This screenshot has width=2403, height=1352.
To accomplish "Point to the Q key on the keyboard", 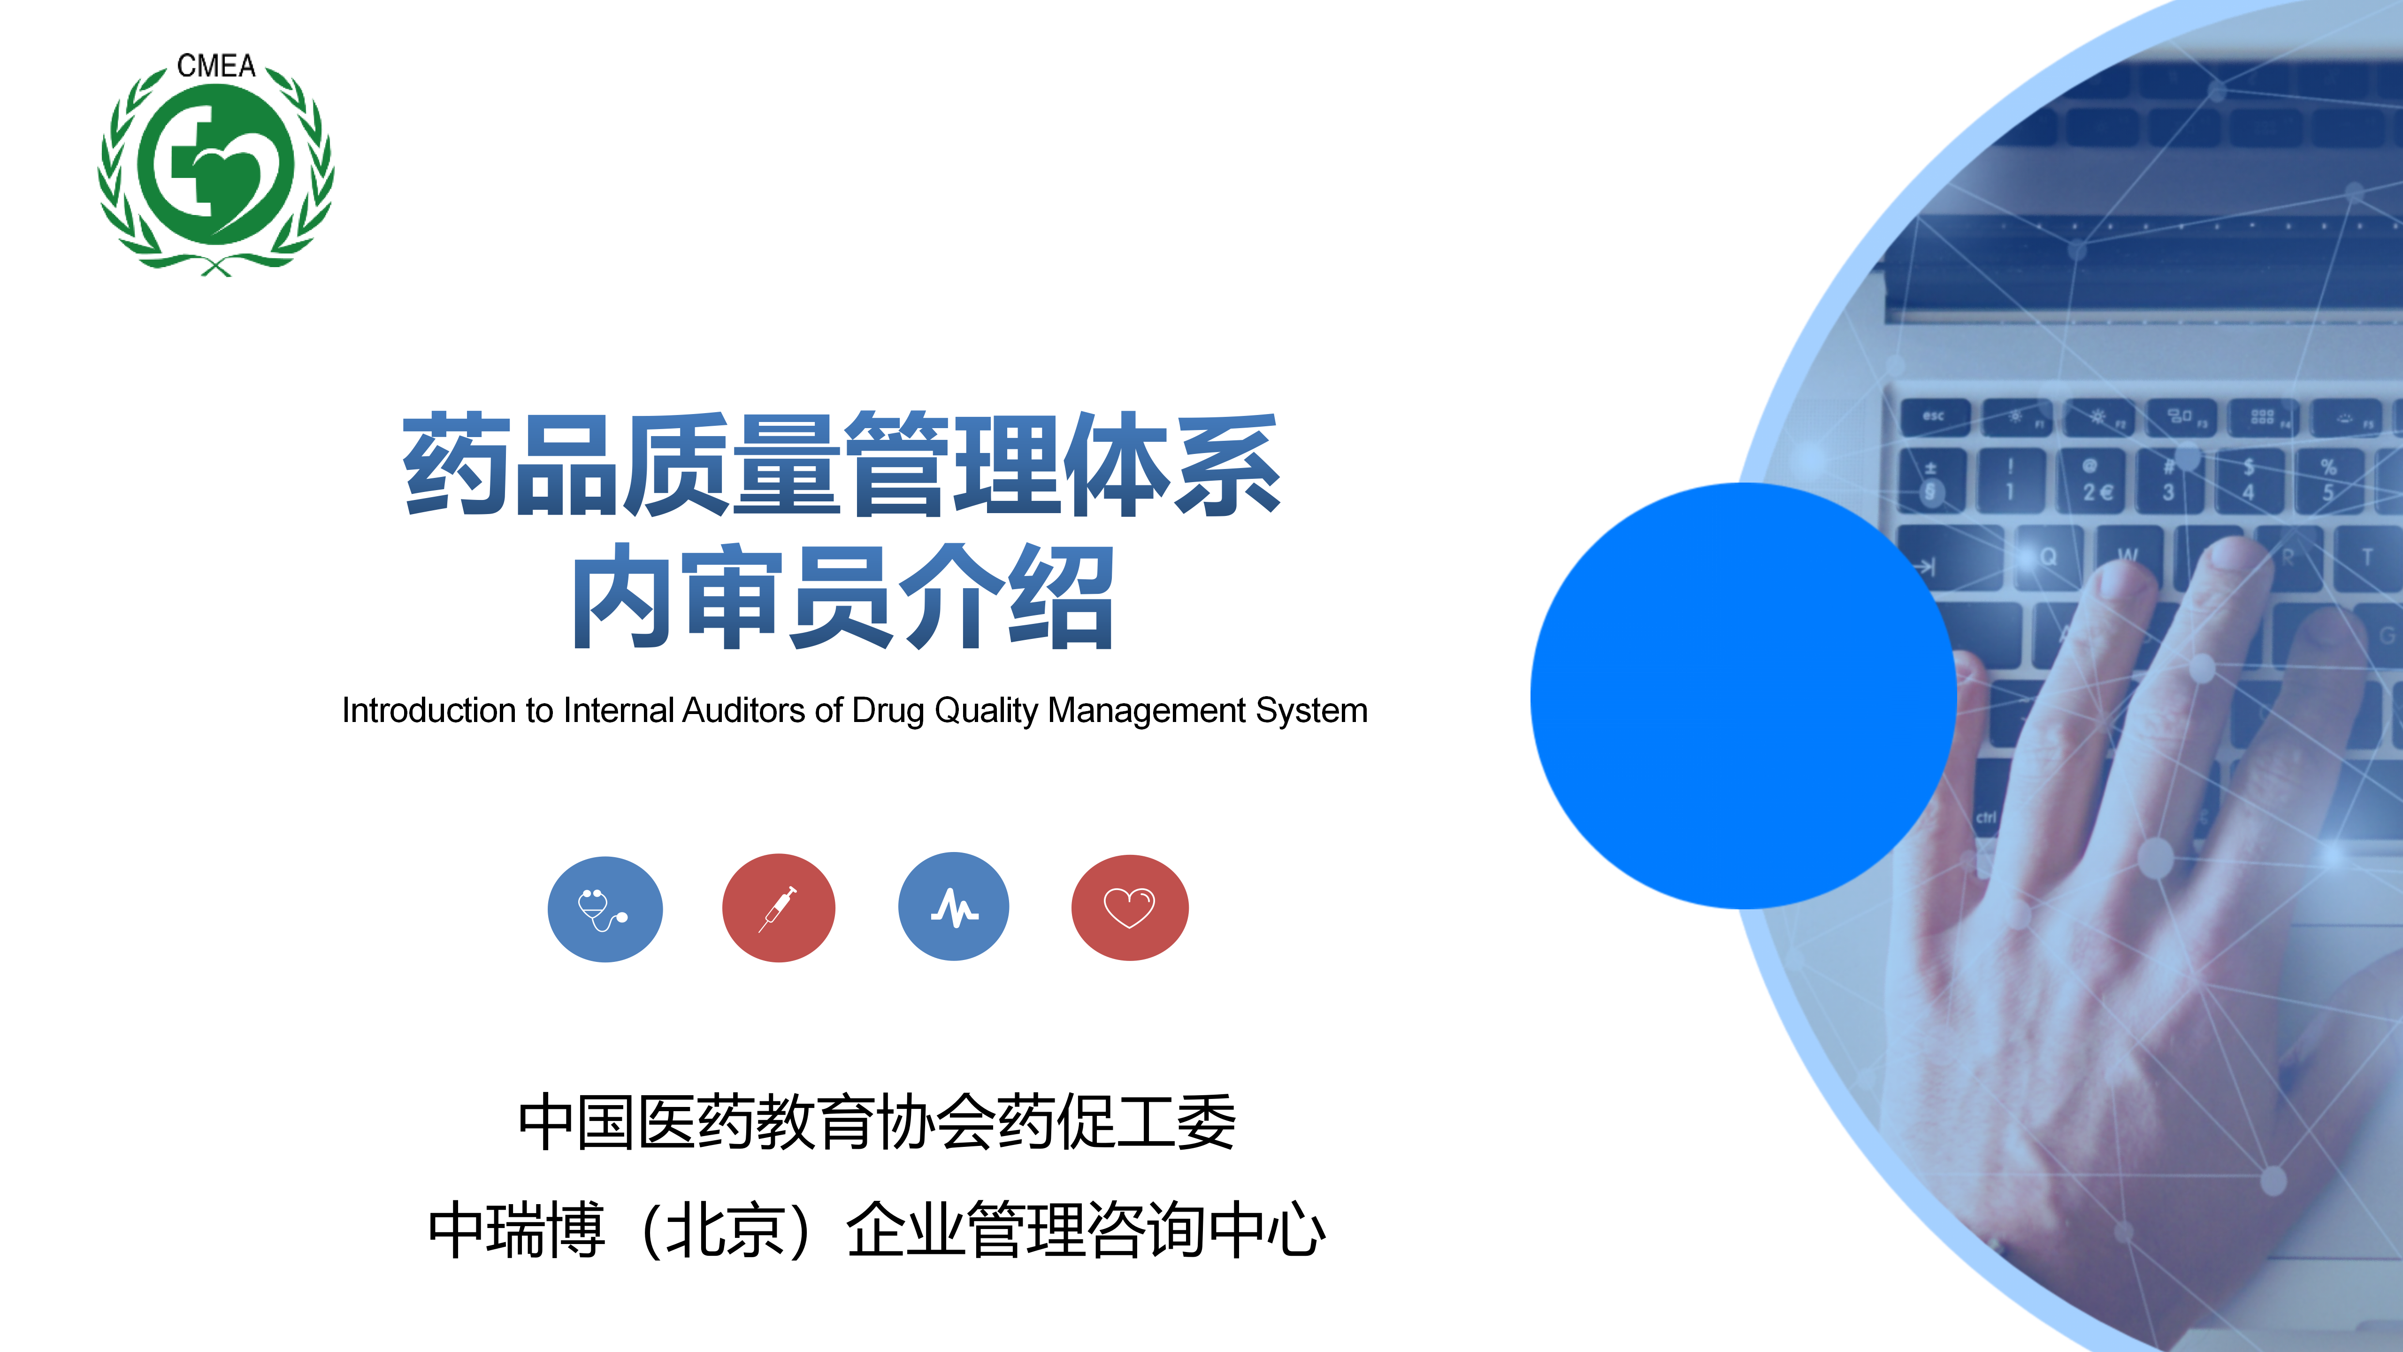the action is point(2048,557).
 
